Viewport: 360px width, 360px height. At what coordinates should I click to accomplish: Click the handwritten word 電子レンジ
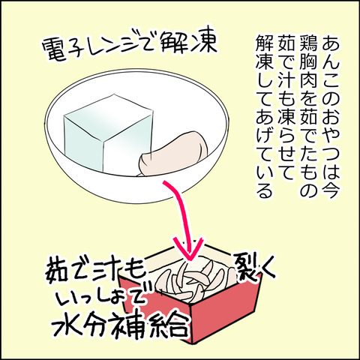pos(97,56)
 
